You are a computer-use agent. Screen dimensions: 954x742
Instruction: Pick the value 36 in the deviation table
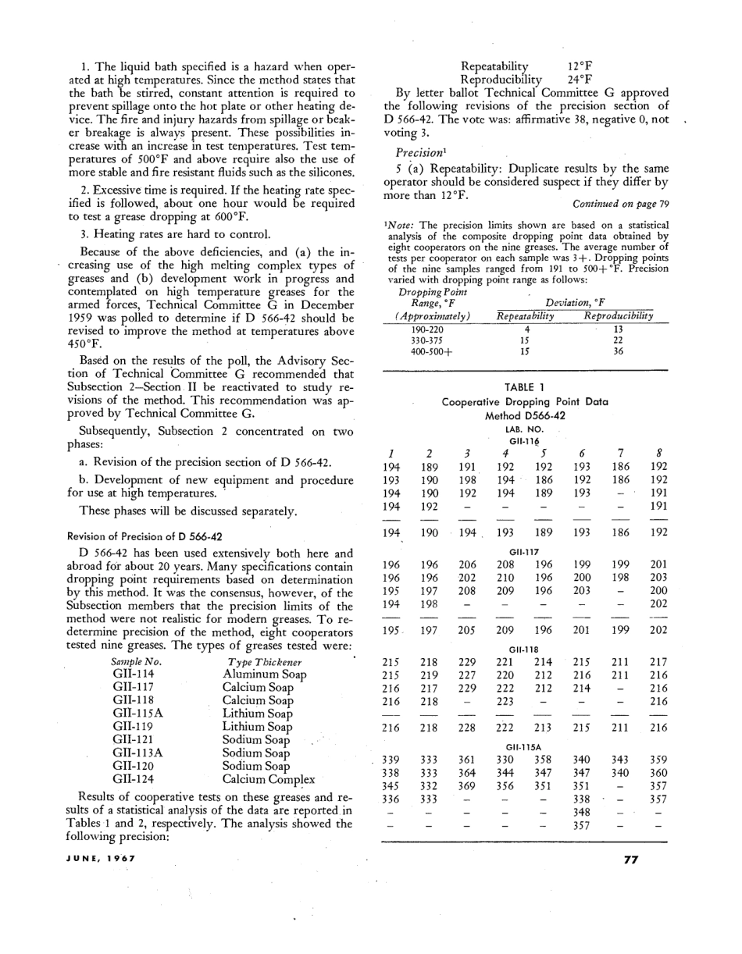tap(618, 351)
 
